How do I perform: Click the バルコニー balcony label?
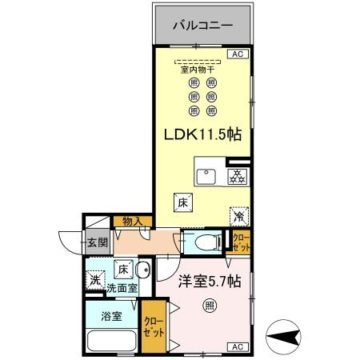pyautogui.click(x=202, y=25)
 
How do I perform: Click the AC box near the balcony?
pyautogui.click(x=237, y=54)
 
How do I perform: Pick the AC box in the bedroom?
pyautogui.click(x=237, y=347)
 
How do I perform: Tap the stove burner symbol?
pyautogui.click(x=236, y=177)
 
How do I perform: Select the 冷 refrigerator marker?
pyautogui.click(x=238, y=216)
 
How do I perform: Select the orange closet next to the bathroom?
pyautogui.click(x=152, y=326)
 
